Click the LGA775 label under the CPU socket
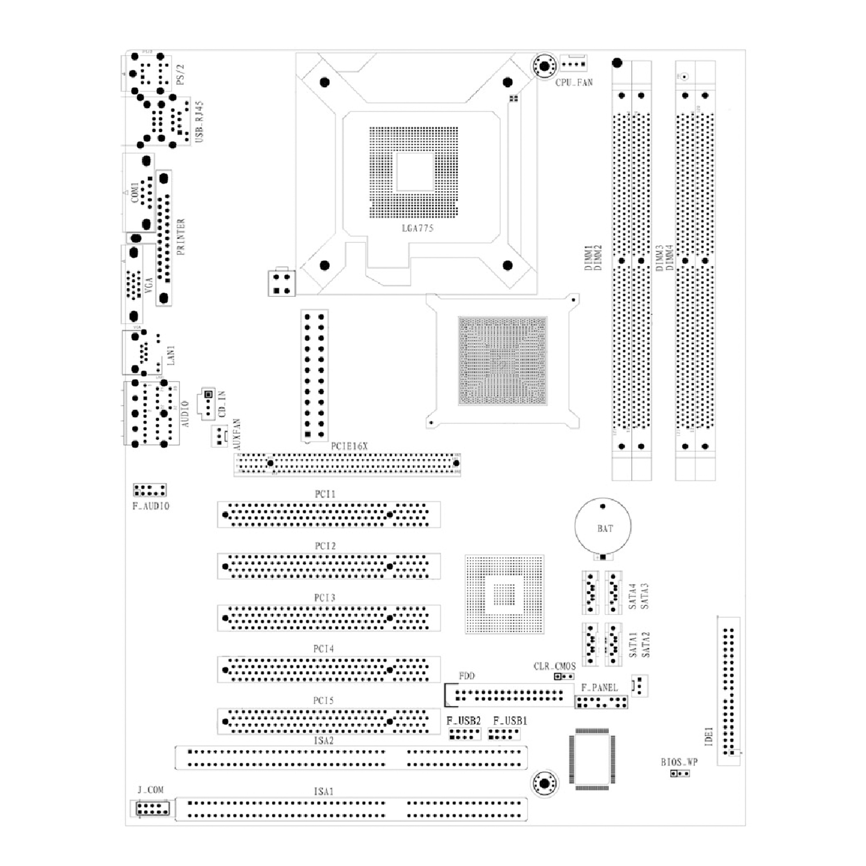[417, 228]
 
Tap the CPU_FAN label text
[574, 83]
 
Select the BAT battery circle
[603, 526]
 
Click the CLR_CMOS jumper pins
[564, 676]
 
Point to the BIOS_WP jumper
[680, 773]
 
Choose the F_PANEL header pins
[601, 702]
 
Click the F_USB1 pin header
[504, 734]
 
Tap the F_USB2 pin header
[464, 734]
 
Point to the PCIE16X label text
[349, 446]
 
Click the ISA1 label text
[324, 792]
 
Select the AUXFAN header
[219, 435]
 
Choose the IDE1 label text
[709, 736]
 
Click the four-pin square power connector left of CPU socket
[281, 283]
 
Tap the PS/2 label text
[180, 74]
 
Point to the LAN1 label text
[171, 355]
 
